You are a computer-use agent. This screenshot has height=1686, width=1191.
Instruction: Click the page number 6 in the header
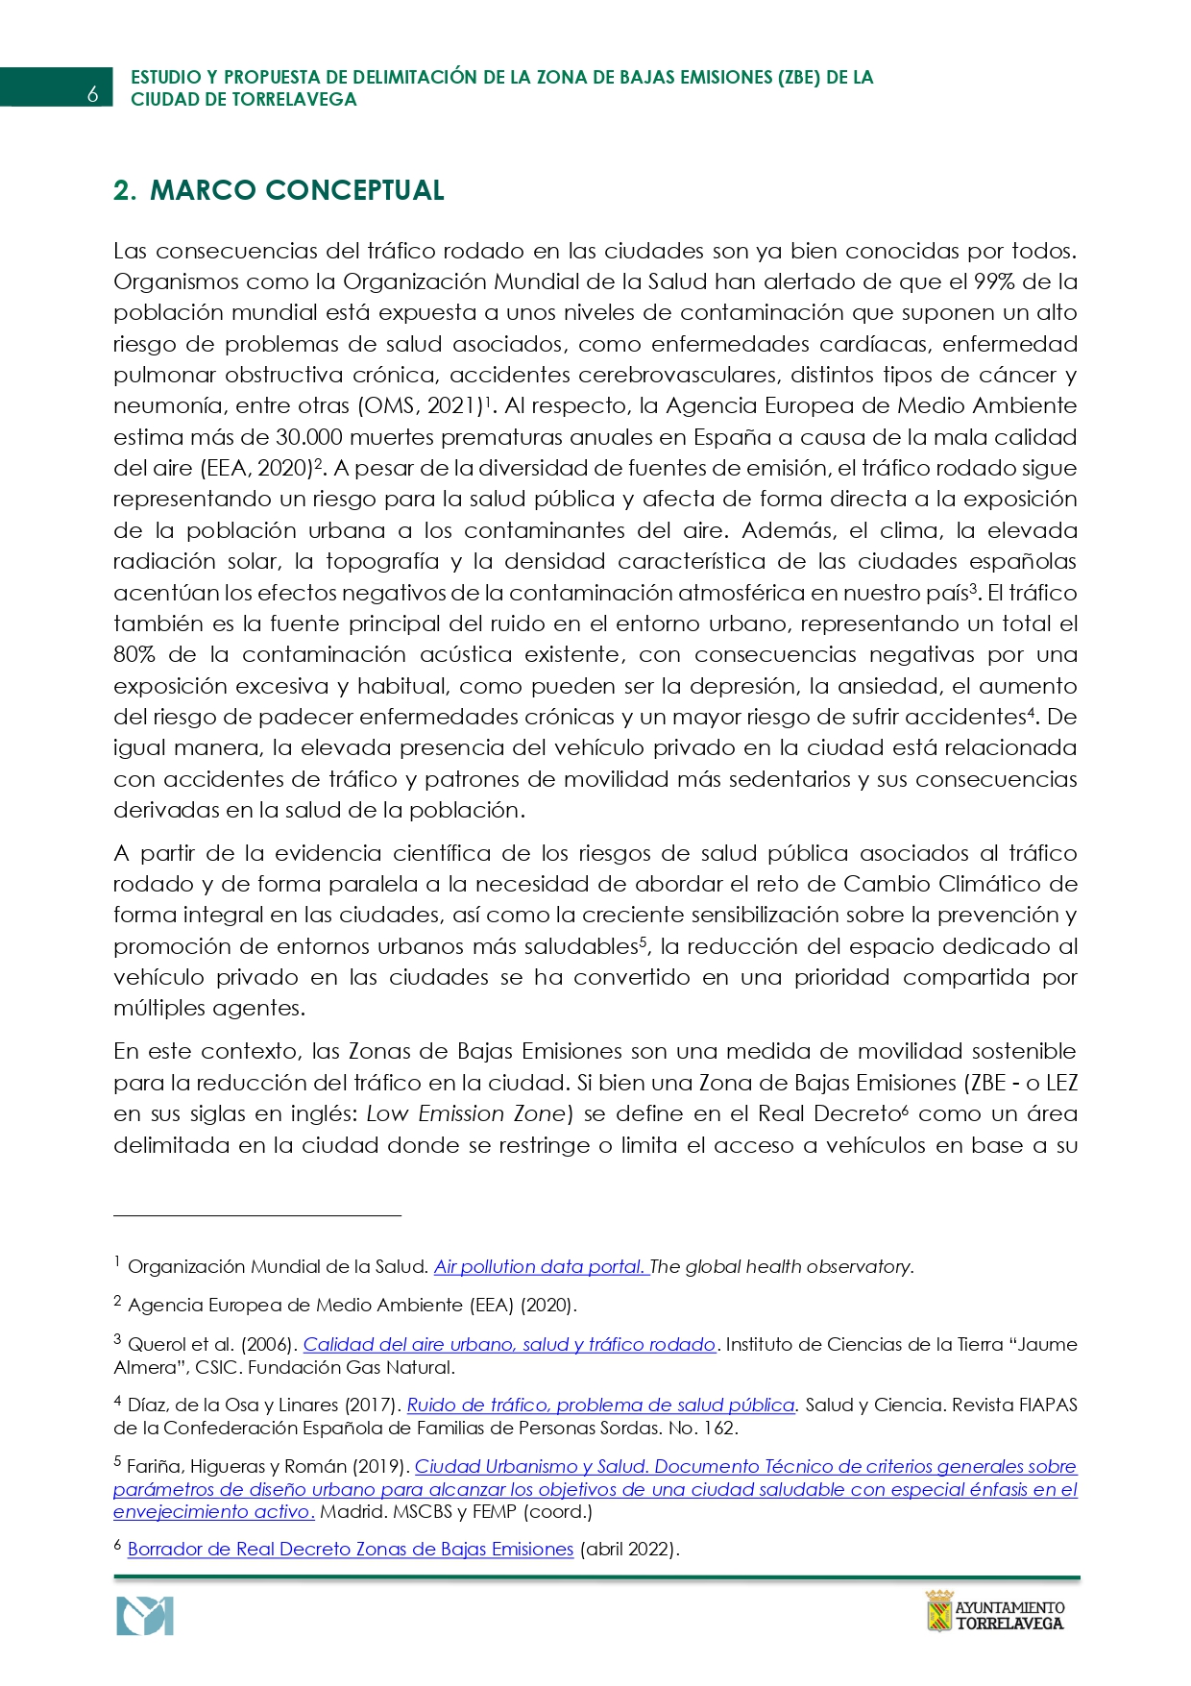(92, 94)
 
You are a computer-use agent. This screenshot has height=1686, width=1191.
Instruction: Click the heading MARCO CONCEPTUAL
(297, 190)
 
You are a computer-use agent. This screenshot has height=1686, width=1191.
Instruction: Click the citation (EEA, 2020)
(256, 469)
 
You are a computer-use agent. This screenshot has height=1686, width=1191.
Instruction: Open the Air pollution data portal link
(541, 1267)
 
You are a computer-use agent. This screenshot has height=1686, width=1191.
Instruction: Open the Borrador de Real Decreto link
(351, 1550)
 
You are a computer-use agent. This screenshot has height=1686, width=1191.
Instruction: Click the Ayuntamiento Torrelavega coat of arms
(938, 1611)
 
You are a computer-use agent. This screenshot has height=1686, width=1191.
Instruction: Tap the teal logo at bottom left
(145, 1616)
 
